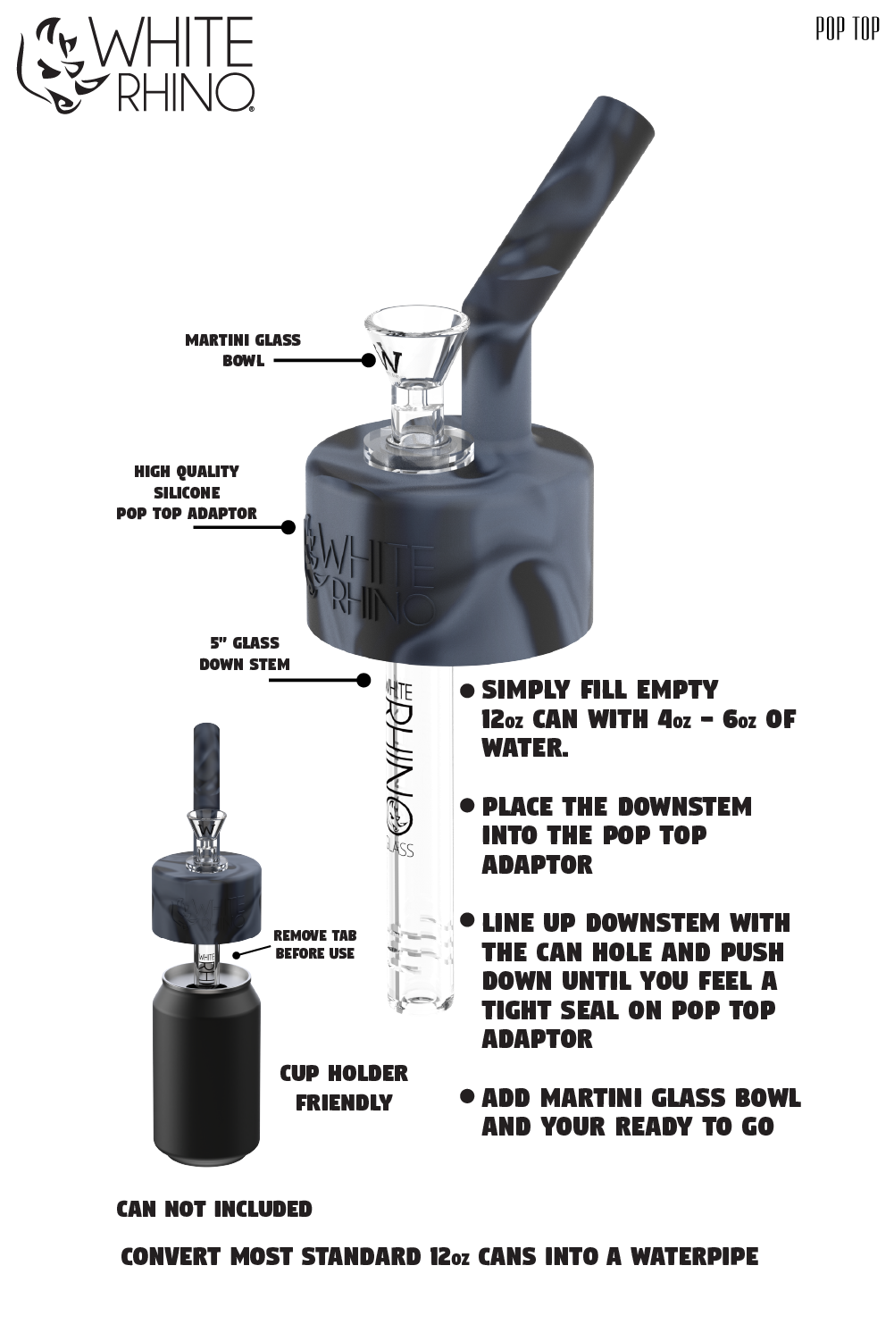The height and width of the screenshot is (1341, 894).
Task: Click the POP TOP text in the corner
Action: (847, 29)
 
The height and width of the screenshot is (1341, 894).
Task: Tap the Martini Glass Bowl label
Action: (243, 350)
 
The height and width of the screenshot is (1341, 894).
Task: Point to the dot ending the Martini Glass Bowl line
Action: (369, 360)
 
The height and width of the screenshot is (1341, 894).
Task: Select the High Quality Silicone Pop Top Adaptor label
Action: (187, 492)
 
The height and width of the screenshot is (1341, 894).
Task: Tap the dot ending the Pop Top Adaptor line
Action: (288, 527)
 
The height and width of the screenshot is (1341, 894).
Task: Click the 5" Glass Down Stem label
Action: (244, 653)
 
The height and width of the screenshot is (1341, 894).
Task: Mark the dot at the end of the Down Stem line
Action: (363, 680)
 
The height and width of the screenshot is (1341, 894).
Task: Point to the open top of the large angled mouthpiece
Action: (622, 111)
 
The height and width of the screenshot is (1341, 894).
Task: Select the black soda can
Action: (206, 1072)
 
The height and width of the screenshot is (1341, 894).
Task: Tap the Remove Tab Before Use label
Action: (314, 944)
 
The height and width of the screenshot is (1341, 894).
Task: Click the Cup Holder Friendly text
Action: (344, 1087)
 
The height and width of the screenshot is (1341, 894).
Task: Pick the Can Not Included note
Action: (214, 1209)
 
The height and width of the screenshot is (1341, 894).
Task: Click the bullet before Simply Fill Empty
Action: (466, 691)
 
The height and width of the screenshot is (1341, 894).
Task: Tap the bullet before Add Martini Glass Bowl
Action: (466, 1096)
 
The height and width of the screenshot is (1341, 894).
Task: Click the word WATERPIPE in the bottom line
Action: (694, 1256)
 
